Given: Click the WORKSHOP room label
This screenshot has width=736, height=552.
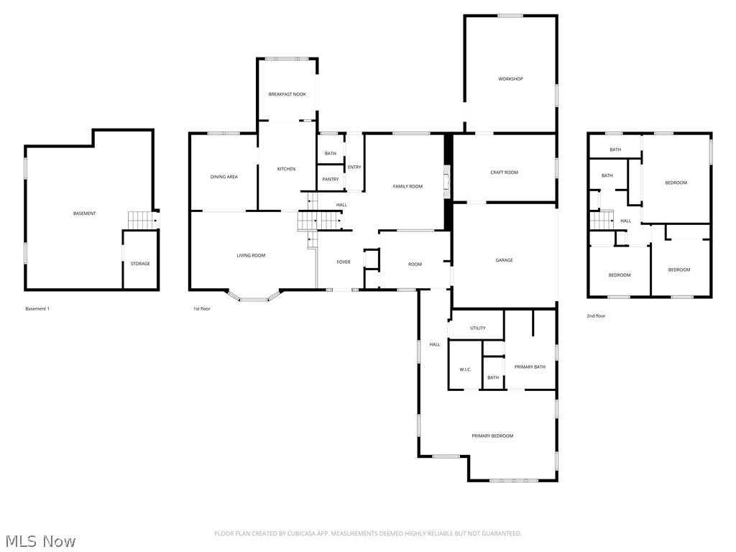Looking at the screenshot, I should [x=510, y=79].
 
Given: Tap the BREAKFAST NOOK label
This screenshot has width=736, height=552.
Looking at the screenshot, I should [x=287, y=94].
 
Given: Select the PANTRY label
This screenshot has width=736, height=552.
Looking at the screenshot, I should [x=331, y=179].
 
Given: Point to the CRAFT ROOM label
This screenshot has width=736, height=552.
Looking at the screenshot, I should [x=504, y=172].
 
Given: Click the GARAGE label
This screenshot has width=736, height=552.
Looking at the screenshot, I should [x=504, y=260].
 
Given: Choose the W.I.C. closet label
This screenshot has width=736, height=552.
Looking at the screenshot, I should [x=465, y=369].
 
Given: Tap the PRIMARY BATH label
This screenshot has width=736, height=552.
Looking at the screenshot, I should [x=530, y=367].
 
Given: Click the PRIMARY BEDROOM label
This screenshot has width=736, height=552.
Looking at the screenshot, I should [x=492, y=436].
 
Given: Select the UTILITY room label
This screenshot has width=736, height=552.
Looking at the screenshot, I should [x=477, y=328].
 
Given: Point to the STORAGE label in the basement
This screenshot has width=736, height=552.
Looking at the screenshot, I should [x=140, y=264].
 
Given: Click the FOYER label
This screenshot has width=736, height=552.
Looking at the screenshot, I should [x=344, y=262].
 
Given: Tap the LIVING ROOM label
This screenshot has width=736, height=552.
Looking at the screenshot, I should [x=252, y=255].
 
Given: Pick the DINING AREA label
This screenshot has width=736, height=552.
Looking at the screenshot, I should [x=224, y=177].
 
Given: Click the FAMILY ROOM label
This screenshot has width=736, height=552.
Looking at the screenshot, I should [x=408, y=186].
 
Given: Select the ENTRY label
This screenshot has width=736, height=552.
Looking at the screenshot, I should [x=354, y=167].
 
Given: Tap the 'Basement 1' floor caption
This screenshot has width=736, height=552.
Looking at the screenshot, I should [x=37, y=309].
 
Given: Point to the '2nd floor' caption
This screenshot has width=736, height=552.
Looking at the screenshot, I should [x=596, y=316].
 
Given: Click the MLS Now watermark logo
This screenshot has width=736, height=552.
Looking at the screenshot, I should [x=40, y=540].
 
